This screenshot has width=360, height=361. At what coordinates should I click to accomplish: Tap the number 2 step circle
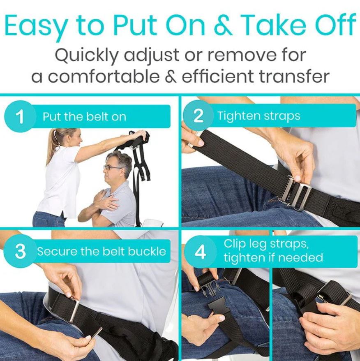[x=198, y=116]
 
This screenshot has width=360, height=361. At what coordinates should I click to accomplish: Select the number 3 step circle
[x=20, y=251]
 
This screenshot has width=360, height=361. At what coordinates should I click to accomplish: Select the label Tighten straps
[x=259, y=116]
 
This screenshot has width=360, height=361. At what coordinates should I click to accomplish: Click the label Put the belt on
[x=84, y=117]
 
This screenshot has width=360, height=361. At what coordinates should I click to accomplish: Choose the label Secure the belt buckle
[x=102, y=251]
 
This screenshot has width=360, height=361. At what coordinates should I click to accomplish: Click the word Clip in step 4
[x=235, y=243]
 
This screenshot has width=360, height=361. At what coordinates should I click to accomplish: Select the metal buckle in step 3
[x=74, y=310]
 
